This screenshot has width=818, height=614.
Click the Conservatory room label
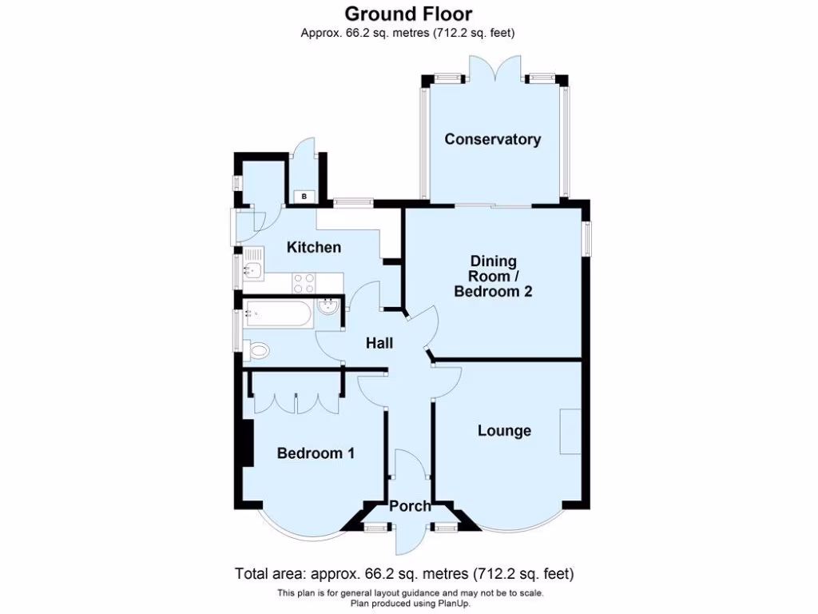pos(492,139)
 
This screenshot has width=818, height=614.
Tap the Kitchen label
pos(314,247)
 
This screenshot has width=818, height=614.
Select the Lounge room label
pos(504,431)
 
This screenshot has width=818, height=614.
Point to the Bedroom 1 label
pos(316,453)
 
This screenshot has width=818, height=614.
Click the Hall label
pos(379,343)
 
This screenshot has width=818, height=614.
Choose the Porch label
pos(410,506)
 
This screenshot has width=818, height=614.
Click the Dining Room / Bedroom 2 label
pos(493,277)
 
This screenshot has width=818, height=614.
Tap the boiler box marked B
pos(304,196)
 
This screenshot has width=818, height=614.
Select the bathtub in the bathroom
pos(278,313)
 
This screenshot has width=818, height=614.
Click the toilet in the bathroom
pos(258,350)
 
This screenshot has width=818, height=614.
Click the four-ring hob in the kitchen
pos(304,282)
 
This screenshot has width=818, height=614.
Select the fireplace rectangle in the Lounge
pos(570,432)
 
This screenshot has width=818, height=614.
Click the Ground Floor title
pos(408,14)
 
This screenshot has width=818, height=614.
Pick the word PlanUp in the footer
pos(449,603)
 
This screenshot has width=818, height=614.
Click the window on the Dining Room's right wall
pos(588,238)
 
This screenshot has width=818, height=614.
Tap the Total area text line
pos(404,573)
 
